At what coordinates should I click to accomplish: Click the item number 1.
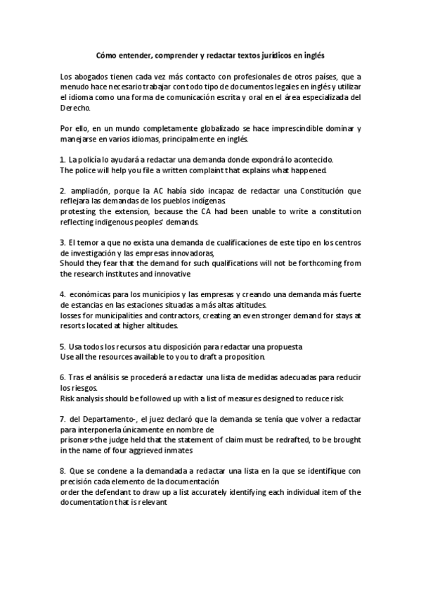tap(62, 160)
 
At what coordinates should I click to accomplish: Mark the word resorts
tap(73, 326)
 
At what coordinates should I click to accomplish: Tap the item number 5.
tap(62, 347)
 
